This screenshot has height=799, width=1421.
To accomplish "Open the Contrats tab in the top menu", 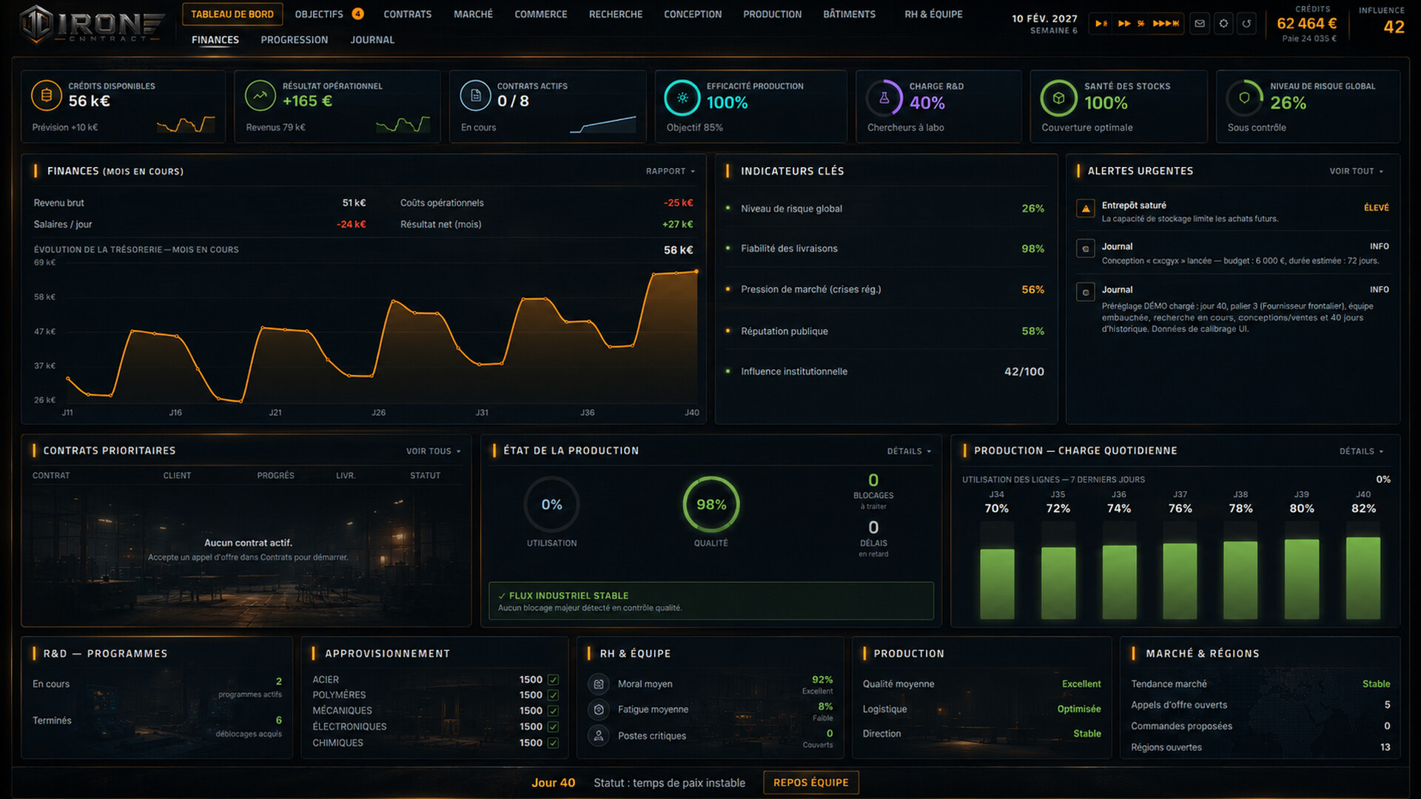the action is (x=407, y=14).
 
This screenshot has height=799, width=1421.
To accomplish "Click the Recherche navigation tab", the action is (x=615, y=14).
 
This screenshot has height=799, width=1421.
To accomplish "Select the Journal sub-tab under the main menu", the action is (x=372, y=40).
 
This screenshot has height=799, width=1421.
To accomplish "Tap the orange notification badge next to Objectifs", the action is (x=357, y=13).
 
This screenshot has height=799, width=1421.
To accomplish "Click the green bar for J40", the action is (x=1363, y=578).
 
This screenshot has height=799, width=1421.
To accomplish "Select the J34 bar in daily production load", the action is (x=997, y=583).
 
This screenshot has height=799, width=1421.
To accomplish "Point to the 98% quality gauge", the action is (x=710, y=505).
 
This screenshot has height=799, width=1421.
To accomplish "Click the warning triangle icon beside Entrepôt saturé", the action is (x=1086, y=209).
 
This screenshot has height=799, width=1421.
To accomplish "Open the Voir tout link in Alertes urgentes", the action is (x=1356, y=171).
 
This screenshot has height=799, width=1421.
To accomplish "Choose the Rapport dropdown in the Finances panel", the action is (x=670, y=171).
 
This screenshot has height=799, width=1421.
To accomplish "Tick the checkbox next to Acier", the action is (x=553, y=679).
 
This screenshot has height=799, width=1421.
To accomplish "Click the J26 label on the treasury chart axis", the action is (x=378, y=412).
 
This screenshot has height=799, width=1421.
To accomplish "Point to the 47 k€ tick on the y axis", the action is (x=44, y=331).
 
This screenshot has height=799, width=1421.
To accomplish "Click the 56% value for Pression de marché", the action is (x=1032, y=289).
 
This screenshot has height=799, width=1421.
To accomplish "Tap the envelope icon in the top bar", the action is (x=1199, y=24).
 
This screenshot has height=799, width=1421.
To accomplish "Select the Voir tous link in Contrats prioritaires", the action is (x=433, y=451).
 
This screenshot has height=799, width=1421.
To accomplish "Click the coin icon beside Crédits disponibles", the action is (x=47, y=95).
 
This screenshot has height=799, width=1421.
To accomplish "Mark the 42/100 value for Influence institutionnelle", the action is (x=1024, y=371).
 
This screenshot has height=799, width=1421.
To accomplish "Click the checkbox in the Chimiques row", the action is (x=553, y=743).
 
